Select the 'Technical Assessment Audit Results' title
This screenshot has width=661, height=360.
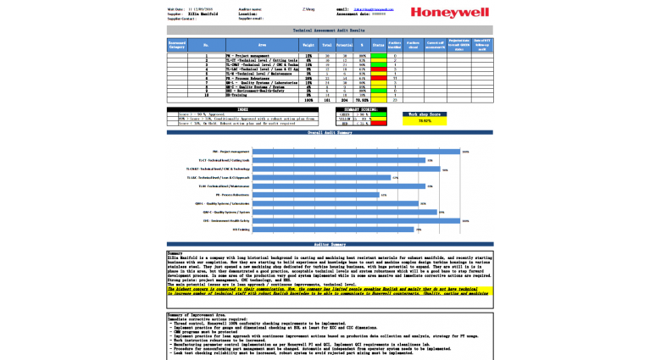[330, 30]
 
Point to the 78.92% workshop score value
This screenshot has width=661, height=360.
[425, 120]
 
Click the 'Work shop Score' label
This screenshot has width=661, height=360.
[425, 113]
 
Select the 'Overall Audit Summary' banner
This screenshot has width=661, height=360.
[330, 133]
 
